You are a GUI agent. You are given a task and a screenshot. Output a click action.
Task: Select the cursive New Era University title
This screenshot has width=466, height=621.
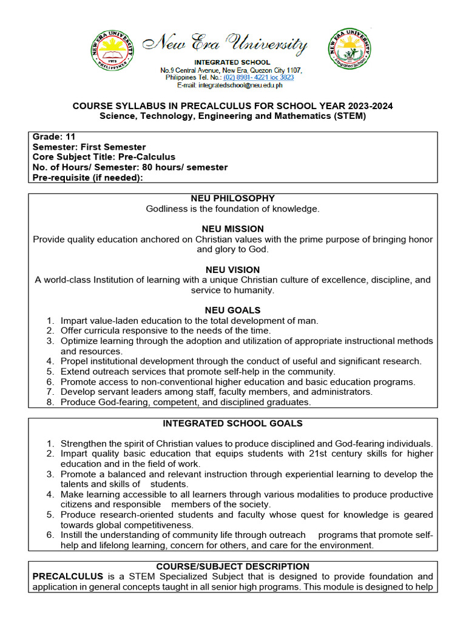[x=225, y=45]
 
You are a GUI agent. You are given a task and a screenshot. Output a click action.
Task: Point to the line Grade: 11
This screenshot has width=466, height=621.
[x=54, y=137]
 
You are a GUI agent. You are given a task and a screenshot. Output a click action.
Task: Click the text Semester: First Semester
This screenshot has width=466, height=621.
[x=89, y=147]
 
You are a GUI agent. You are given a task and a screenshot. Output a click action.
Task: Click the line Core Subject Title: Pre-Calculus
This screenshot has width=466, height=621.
[x=104, y=157]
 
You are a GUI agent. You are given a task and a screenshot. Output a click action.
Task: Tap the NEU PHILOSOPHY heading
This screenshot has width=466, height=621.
[x=232, y=198]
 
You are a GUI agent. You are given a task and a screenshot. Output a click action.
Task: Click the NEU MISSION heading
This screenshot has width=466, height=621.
[x=232, y=229]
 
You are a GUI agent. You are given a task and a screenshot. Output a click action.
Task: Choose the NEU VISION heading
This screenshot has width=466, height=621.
[x=232, y=270]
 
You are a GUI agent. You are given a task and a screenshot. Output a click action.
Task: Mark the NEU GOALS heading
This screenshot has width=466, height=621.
[x=232, y=310]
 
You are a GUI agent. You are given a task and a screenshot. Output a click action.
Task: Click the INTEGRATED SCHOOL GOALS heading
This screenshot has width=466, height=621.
[x=232, y=423]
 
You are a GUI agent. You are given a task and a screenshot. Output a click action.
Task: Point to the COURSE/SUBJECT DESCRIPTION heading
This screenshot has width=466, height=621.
[x=232, y=566]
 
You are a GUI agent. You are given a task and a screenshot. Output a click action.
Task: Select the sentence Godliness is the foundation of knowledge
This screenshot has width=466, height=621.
[x=232, y=209]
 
